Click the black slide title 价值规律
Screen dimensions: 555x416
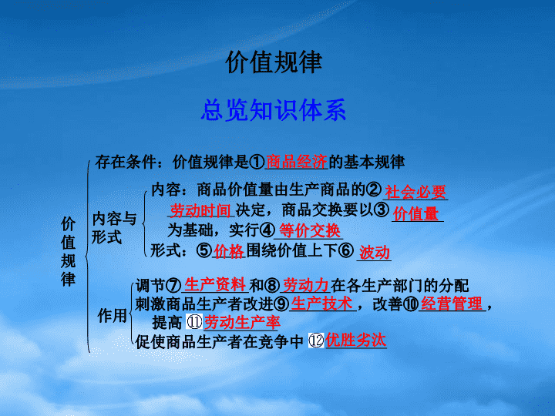(x=274, y=62)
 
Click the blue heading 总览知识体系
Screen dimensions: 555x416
(x=273, y=110)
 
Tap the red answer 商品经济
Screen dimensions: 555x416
(x=296, y=162)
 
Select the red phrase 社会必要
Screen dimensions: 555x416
(x=415, y=192)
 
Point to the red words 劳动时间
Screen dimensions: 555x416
(x=200, y=210)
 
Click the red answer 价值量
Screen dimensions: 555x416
(x=416, y=213)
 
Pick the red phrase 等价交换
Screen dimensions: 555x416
(x=310, y=230)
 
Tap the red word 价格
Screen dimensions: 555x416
(x=229, y=251)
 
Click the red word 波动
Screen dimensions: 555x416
(x=375, y=253)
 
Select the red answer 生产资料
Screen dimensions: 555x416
(x=215, y=285)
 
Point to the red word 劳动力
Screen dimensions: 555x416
(x=306, y=285)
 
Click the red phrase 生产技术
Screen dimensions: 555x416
(x=321, y=304)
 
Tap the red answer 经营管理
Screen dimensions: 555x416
(x=452, y=304)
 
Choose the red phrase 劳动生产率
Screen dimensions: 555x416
(x=242, y=322)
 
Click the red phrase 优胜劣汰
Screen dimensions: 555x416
(x=355, y=340)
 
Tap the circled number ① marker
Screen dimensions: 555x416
(x=257, y=162)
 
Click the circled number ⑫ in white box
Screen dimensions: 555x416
(x=316, y=341)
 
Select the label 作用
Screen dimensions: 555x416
(x=113, y=315)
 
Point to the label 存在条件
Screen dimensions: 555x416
(x=126, y=162)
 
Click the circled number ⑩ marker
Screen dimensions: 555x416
(x=411, y=304)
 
